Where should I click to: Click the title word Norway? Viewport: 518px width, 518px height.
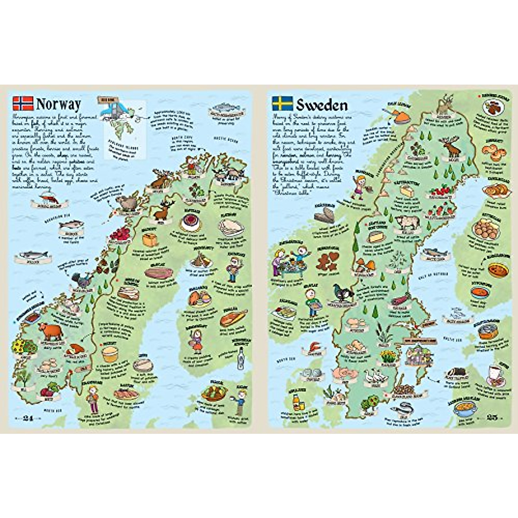[x=58, y=104]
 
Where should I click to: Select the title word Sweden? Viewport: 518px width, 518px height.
[x=322, y=104]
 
